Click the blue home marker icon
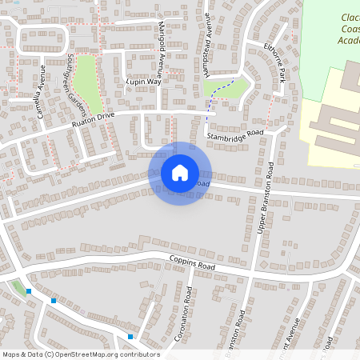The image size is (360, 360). click(x=180, y=173)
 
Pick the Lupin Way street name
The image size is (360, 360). click(x=143, y=82)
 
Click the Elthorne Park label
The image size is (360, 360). click(x=274, y=63)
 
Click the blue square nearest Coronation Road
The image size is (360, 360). click(x=130, y=336)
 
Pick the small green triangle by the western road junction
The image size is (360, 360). click(x=18, y=286)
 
